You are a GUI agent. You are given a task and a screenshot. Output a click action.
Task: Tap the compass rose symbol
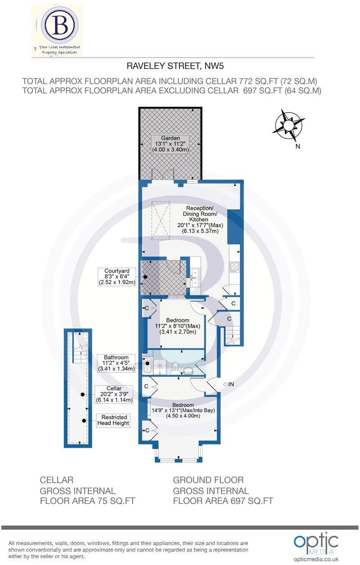click(x=288, y=124)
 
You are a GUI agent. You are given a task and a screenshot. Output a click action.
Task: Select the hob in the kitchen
click(x=234, y=266)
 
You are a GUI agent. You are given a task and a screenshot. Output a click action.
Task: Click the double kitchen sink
click(x=195, y=278)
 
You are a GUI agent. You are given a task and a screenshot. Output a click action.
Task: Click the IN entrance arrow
click(x=228, y=384)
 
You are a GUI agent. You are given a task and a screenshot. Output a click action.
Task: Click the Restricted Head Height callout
click(x=114, y=420)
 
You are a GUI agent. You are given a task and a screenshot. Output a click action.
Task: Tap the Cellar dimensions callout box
click(x=114, y=394)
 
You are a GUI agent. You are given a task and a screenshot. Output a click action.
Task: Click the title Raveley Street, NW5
click(x=175, y=67)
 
